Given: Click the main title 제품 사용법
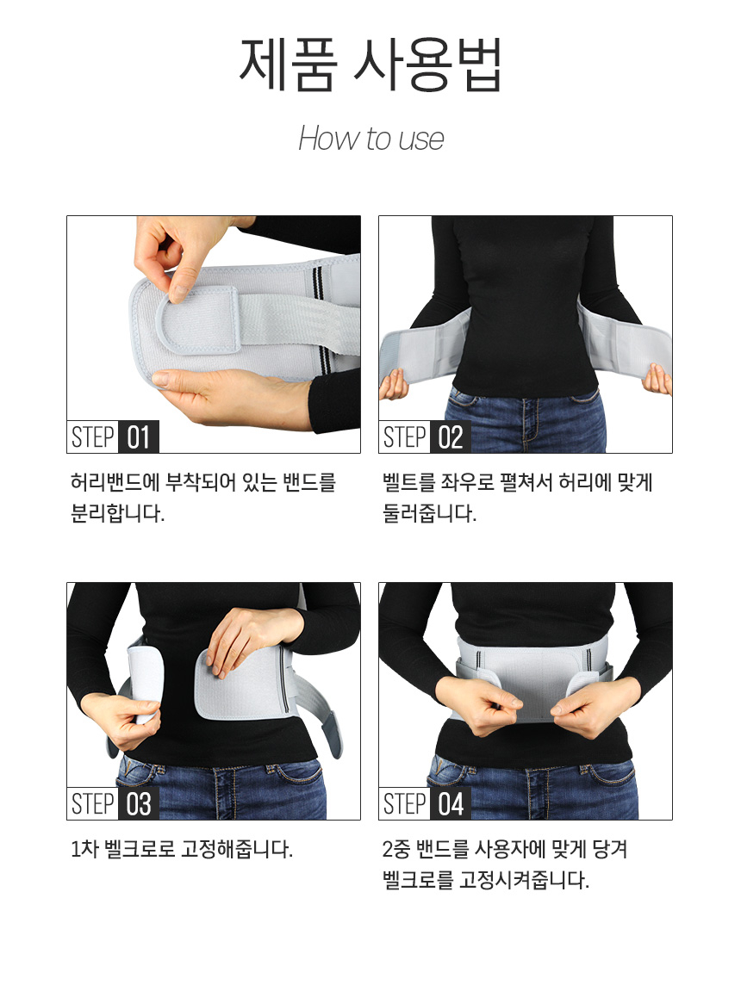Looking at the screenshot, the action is pyautogui.click(x=370, y=65).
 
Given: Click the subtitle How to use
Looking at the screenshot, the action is pyautogui.click(x=370, y=139).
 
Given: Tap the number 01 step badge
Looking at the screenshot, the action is pyautogui.click(x=139, y=437).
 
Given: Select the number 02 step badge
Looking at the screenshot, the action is pyautogui.click(x=450, y=437).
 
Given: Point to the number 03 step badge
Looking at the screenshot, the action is pyautogui.click(x=139, y=803).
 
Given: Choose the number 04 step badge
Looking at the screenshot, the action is pyautogui.click(x=450, y=803).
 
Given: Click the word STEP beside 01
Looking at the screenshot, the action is pyautogui.click(x=93, y=437).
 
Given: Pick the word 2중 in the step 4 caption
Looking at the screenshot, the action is pyautogui.click(x=395, y=849).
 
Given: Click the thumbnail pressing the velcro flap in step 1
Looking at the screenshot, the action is pyautogui.click(x=178, y=291).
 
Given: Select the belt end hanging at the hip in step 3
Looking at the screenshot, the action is pyautogui.click(x=332, y=734).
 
